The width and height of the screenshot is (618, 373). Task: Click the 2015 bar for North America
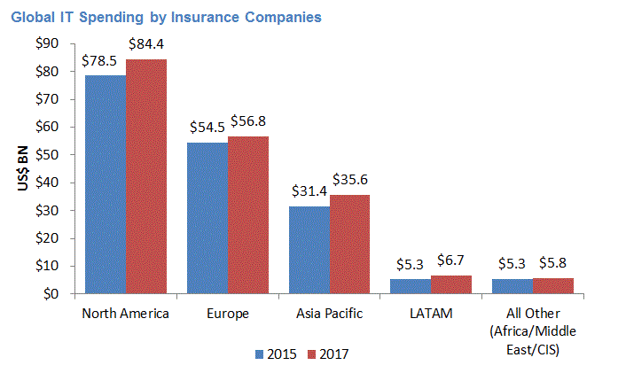click(x=105, y=184)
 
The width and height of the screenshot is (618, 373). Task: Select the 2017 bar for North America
click(x=145, y=176)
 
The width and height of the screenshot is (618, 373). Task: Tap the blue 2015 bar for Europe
click(x=207, y=218)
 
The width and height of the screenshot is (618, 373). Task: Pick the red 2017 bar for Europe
click(x=247, y=214)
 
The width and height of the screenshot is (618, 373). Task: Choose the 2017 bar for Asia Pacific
click(x=349, y=244)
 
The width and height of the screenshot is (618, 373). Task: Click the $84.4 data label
click(x=145, y=43)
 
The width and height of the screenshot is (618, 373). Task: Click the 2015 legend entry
click(x=274, y=354)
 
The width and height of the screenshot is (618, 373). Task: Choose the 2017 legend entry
click(x=325, y=354)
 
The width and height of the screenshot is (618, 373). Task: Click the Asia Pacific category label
click(x=328, y=314)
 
